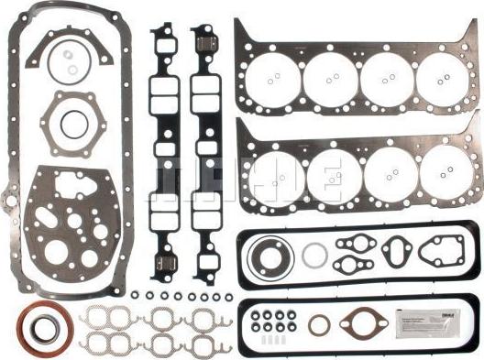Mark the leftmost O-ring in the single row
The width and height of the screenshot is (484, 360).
(134, 296)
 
